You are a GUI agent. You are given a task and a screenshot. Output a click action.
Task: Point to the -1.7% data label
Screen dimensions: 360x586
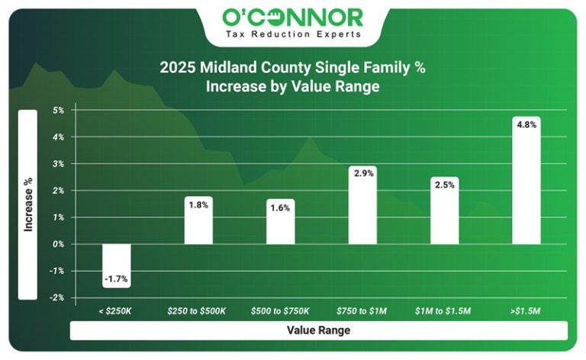click(x=117, y=280)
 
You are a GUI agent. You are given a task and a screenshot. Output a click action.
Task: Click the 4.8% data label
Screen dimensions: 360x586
click(x=526, y=124)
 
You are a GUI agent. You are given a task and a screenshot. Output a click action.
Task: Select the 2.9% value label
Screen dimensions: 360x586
click(x=362, y=174)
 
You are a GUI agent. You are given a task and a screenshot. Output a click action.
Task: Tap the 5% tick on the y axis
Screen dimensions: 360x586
click(x=58, y=111)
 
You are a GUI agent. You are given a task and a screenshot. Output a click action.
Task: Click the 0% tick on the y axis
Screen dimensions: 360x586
click(x=58, y=244)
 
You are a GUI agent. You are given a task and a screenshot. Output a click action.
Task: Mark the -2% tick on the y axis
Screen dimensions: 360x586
click(x=57, y=297)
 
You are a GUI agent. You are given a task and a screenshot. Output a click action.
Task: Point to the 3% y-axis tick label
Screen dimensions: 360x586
click(x=58, y=164)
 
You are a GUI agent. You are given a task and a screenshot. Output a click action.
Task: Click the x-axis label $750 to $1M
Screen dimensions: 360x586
click(x=362, y=311)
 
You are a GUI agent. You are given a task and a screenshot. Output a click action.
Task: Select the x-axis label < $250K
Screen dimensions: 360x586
click(x=117, y=311)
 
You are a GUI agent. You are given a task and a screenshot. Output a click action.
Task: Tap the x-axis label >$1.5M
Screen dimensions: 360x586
click(x=526, y=311)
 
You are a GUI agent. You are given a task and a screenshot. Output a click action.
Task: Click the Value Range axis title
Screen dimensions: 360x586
click(x=318, y=330)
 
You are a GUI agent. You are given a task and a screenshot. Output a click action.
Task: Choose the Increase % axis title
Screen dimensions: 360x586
click(x=28, y=204)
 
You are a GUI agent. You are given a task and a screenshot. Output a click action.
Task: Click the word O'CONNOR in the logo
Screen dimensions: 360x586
click(x=293, y=17)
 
